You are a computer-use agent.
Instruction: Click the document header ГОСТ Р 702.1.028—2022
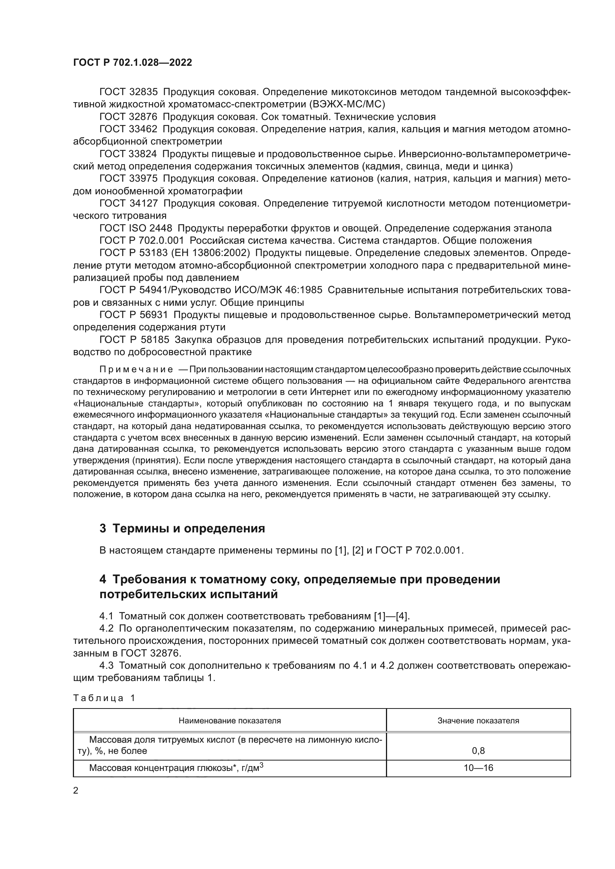pyautogui.click(x=132, y=62)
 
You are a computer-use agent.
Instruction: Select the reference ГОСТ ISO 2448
pyautogui.click(x=136, y=228)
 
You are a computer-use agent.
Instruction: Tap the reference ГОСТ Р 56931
pyautogui.click(x=133, y=315)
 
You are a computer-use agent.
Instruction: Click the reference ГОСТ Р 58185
pyautogui.click(x=133, y=340)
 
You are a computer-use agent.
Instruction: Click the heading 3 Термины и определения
pyautogui.click(x=182, y=528)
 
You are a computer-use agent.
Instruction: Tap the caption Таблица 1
pyautogui.click(x=104, y=698)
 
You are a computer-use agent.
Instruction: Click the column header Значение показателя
pyautogui.click(x=478, y=721)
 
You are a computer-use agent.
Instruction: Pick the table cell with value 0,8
pyautogui.click(x=478, y=750)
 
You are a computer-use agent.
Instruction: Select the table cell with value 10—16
pyautogui.click(x=478, y=768)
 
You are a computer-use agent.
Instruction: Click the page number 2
pyautogui.click(x=76, y=791)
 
